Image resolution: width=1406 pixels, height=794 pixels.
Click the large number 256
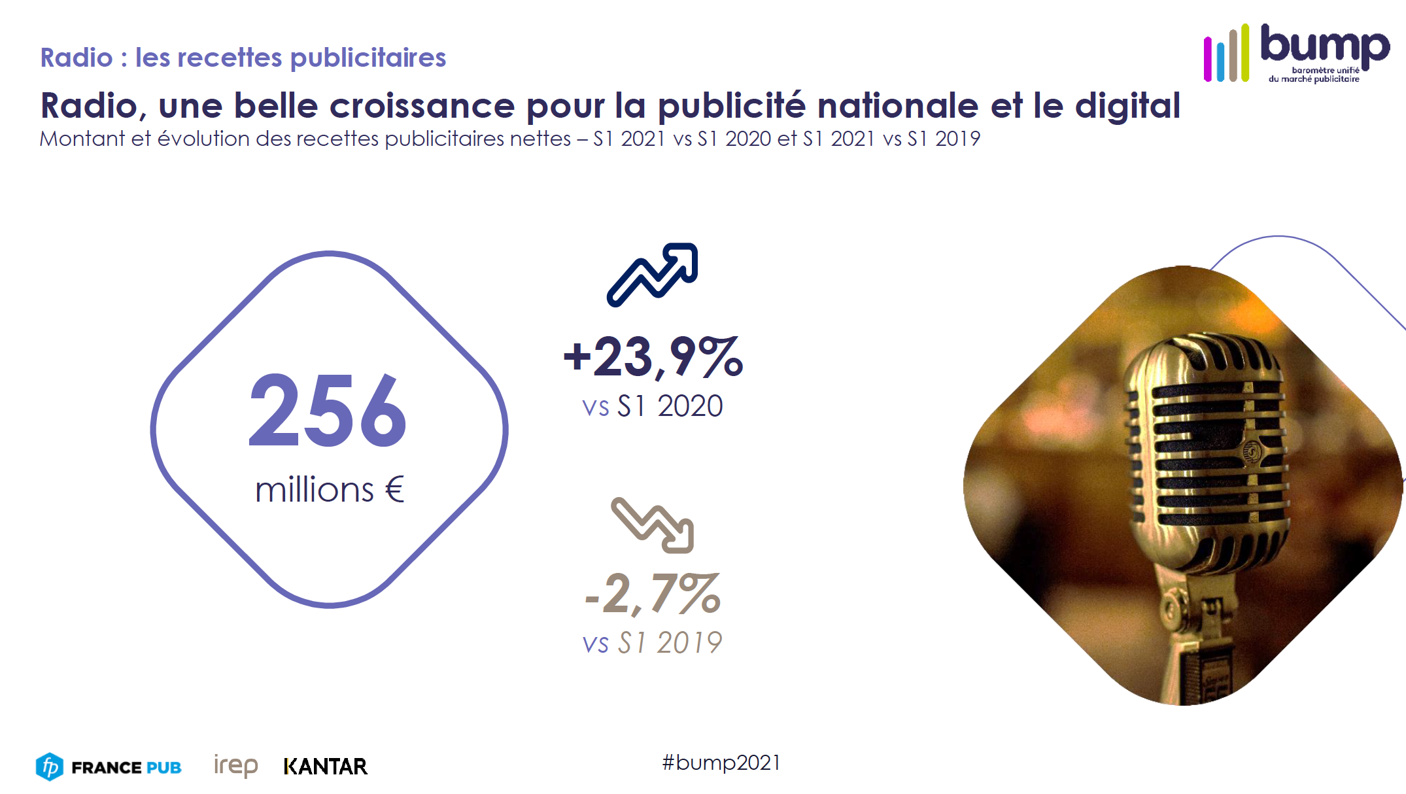click(x=328, y=411)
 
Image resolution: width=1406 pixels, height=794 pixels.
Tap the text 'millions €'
click(x=330, y=490)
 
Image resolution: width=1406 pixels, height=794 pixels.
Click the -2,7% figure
click(x=653, y=594)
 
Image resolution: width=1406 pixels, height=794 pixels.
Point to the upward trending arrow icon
click(x=653, y=275)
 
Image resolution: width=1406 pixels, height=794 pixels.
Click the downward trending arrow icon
click(x=653, y=525)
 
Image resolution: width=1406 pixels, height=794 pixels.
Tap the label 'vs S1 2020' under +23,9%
click(x=653, y=406)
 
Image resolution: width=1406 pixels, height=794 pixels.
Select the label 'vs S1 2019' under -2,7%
click(x=653, y=643)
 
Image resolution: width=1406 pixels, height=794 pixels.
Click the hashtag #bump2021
click(x=721, y=763)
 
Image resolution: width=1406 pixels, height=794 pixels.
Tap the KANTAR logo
click(x=326, y=767)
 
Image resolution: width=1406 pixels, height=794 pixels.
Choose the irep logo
click(x=235, y=765)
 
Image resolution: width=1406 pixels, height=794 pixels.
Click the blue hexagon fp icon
click(x=50, y=767)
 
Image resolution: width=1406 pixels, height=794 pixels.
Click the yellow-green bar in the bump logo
click(x=1245, y=52)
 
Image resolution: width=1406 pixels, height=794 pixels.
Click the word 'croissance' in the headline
click(x=422, y=106)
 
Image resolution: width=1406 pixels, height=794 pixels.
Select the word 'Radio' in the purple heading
click(x=77, y=58)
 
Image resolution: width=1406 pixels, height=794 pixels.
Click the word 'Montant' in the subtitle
click(x=82, y=139)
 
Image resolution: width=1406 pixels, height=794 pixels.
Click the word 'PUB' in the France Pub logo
click(x=163, y=767)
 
